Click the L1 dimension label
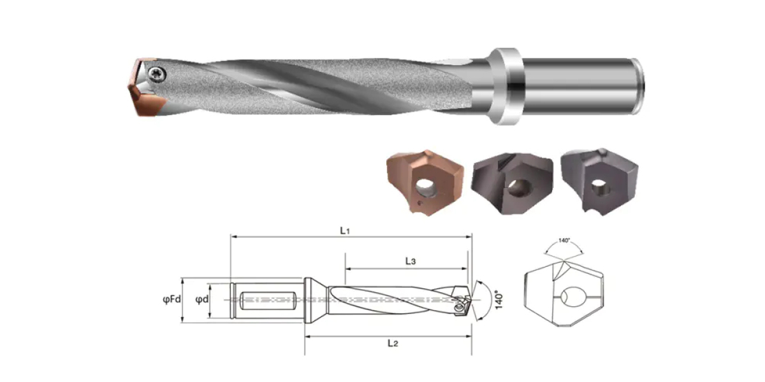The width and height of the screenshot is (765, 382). coord(345,230)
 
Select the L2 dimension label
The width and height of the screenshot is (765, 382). coord(393,343)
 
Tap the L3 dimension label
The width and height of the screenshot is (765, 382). coord(411,261)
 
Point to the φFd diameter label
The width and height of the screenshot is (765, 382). coord(171,299)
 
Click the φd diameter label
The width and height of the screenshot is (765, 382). coord(202,299)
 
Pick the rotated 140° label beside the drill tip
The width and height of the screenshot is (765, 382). coord(499,300)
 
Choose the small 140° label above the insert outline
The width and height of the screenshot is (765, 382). coord(564,241)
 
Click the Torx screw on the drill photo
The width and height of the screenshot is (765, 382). coord(157,74)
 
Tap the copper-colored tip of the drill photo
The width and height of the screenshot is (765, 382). coord(145,88)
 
